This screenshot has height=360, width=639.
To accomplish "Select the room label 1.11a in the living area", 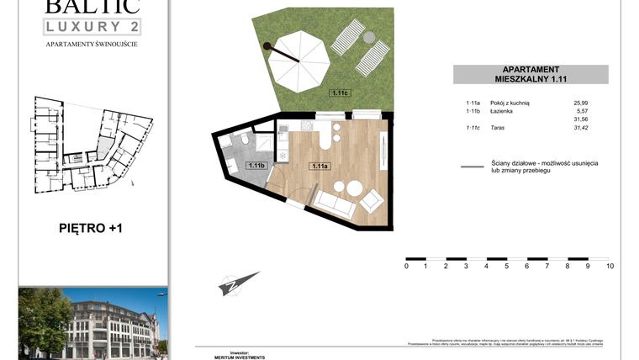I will (x=319, y=166).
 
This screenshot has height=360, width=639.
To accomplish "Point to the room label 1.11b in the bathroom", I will (x=256, y=166).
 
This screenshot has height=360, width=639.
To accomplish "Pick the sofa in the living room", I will (x=334, y=201).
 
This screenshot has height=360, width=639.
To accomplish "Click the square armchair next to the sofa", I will (x=370, y=202).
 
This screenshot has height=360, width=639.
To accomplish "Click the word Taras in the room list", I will (x=499, y=128).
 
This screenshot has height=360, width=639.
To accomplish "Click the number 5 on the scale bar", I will (x=507, y=267).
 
